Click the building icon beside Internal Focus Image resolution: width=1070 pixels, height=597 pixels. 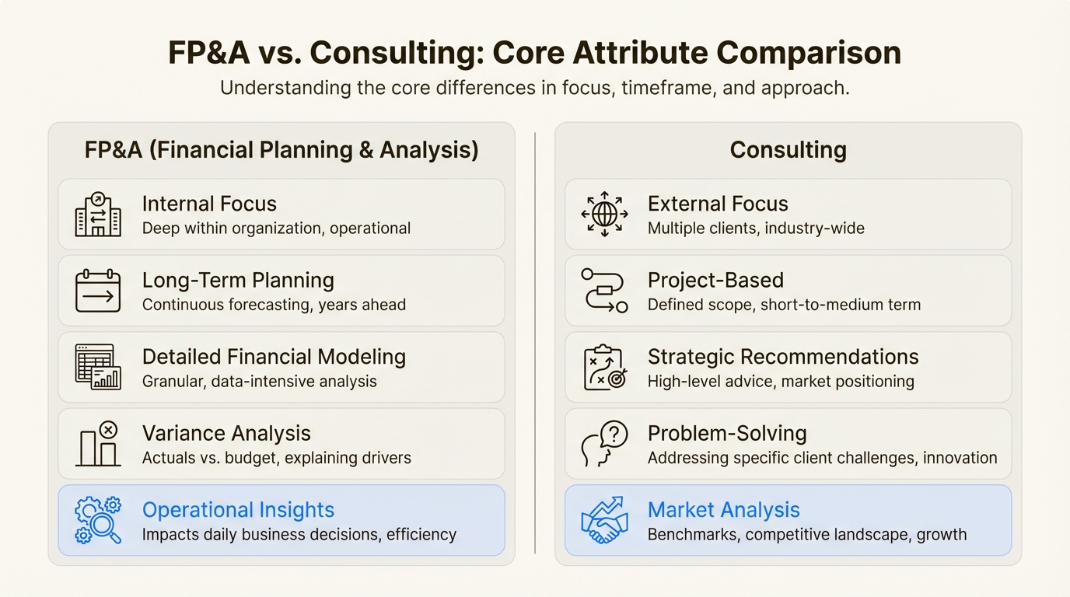coord(98,215)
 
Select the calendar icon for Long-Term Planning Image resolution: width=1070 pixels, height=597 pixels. coord(98,291)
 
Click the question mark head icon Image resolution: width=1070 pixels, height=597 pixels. coord(604,444)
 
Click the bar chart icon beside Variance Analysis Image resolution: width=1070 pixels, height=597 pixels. coord(98,444)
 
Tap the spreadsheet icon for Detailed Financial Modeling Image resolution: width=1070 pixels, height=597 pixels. coord(98,367)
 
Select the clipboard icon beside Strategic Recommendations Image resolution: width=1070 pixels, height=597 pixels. coord(604,367)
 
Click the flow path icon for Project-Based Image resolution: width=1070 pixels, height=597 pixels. coord(604,291)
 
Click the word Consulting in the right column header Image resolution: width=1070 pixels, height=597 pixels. coord(788,149)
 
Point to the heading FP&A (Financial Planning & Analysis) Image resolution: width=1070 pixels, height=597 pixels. coord(281,149)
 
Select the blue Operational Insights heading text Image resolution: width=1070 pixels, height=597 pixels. coord(238,510)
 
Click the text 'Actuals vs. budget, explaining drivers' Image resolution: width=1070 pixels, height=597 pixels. coord(276,458)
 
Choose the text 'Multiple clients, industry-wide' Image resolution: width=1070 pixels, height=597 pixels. coord(756,229)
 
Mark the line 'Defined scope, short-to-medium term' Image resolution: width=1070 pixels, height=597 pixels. coord(784,305)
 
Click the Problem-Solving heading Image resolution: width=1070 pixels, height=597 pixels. coord(726,434)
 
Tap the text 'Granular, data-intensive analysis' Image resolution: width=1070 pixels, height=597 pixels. coord(259,382)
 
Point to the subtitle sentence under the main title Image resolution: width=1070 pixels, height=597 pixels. coord(534,88)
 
